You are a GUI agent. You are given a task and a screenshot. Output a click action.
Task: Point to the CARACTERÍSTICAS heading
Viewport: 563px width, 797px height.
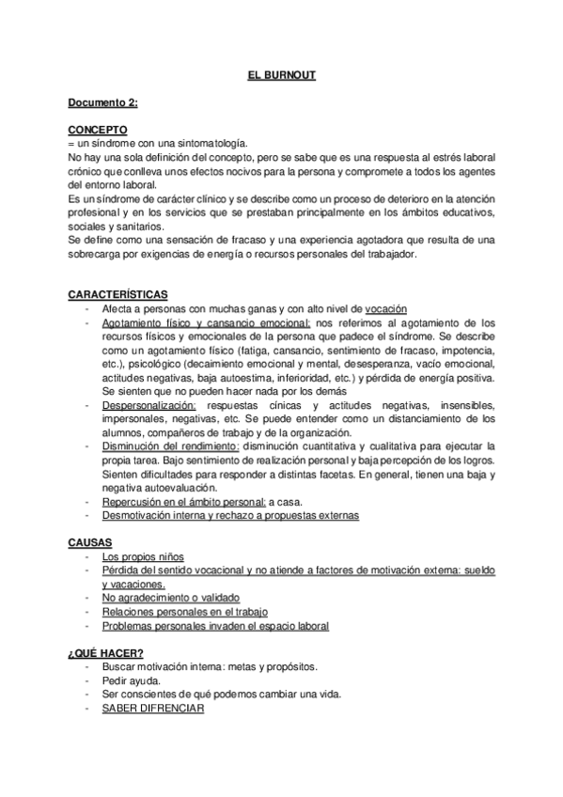pos(117,294)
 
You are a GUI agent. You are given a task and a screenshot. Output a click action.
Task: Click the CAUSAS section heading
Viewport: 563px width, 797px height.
pos(88,543)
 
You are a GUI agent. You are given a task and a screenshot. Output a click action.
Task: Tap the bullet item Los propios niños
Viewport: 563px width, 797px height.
pos(144,557)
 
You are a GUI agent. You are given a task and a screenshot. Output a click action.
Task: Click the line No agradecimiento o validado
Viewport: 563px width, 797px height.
pos(171,598)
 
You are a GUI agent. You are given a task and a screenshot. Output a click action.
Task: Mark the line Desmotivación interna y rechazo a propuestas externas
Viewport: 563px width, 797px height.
pos(230,516)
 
